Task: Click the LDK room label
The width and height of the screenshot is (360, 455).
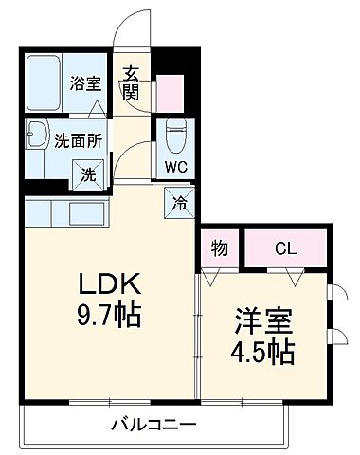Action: pyautogui.click(x=109, y=283)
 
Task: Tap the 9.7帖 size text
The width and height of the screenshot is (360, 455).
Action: pyautogui.click(x=109, y=314)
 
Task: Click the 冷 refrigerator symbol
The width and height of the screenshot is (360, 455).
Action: pyautogui.click(x=179, y=200)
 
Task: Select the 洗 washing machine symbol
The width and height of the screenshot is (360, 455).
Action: pyautogui.click(x=86, y=173)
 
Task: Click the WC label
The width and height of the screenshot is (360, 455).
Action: pyautogui.click(x=174, y=168)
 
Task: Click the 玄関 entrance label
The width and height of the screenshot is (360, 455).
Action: pyautogui.click(x=131, y=82)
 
